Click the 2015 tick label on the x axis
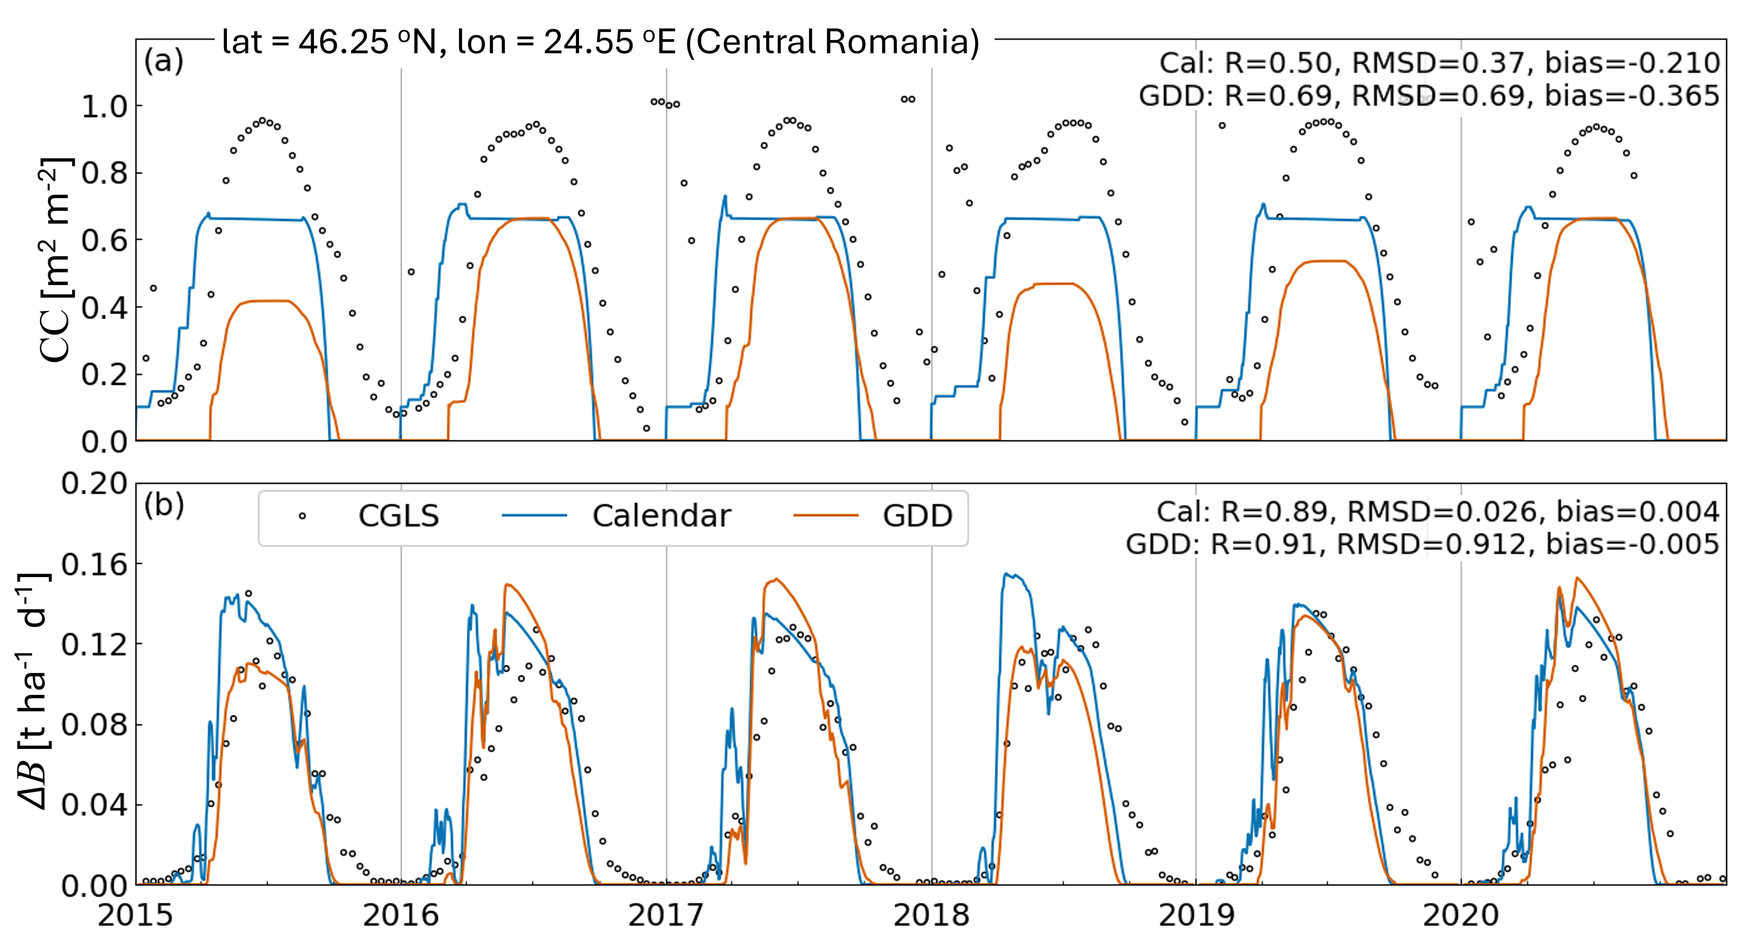(135, 915)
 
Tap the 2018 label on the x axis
(931, 915)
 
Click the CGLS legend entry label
(398, 516)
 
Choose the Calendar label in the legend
(662, 516)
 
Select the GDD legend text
(917, 516)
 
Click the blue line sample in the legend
(534, 516)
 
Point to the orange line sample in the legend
(826, 516)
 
